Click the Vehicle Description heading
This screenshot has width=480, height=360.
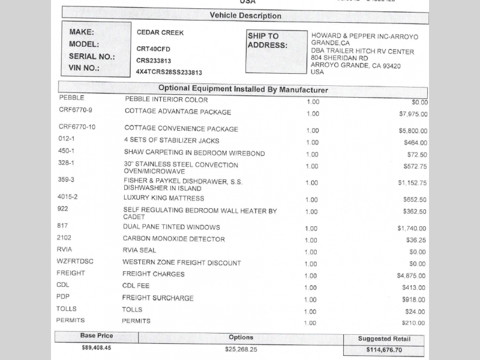pos(245,16)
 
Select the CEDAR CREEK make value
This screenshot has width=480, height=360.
pos(160,32)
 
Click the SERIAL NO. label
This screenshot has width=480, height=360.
pos(92,56)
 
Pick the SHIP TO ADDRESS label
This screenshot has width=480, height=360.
pos(267,41)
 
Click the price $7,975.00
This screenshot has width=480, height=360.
pos(413,114)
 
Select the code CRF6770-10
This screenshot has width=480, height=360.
pos(77,127)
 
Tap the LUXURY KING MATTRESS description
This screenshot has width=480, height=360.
pos(164,198)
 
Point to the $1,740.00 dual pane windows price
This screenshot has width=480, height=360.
pos(412,229)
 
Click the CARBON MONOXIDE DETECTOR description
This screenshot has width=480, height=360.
pos(174,239)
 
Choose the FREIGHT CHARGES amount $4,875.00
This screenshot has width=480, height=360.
pos(412,276)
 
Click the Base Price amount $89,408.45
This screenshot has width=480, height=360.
pos(96,347)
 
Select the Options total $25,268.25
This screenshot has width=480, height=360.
pos(241,349)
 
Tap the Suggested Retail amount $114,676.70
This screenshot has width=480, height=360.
pos(384,350)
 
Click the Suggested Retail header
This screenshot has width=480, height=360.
pos(384,339)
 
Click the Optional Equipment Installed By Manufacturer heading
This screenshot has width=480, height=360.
pos(243,89)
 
